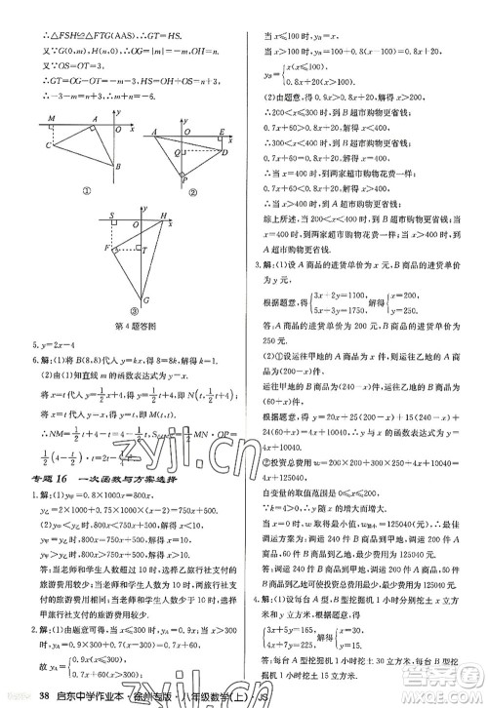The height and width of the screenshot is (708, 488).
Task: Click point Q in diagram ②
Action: (x=172, y=151)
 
